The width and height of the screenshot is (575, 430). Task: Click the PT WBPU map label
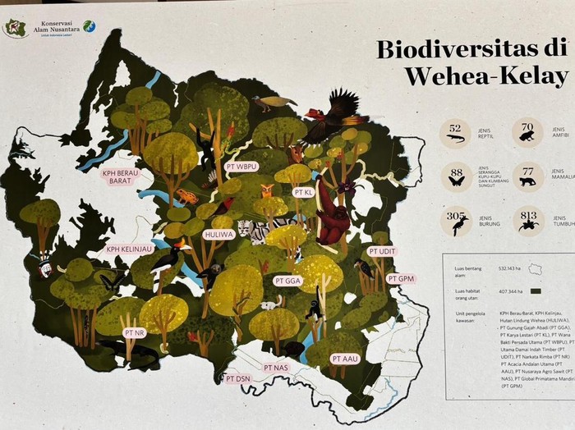point(241,166)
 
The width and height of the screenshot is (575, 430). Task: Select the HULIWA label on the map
point(218,234)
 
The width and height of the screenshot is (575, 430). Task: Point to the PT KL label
point(303,192)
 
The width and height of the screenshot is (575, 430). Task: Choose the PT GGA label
point(289,281)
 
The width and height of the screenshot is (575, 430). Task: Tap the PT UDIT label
point(382,251)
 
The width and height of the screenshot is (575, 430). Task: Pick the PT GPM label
point(402,279)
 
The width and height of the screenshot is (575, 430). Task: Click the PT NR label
point(135,333)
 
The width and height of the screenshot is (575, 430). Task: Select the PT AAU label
point(345,359)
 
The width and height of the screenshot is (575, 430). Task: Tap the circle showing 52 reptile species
point(455,131)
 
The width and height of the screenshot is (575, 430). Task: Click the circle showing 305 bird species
point(455,220)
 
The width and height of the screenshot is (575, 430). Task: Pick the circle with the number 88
point(455,175)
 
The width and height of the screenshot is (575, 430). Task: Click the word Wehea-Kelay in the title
point(485,78)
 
